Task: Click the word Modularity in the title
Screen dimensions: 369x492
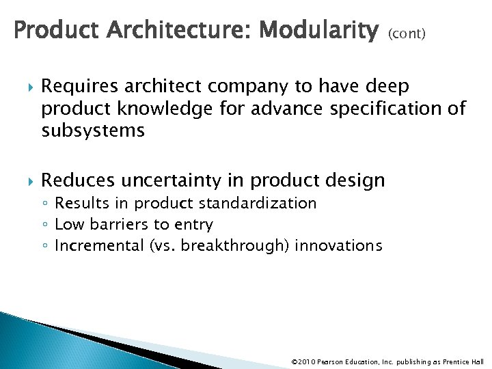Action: point(320,30)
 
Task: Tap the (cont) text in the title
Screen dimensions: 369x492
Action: point(407,33)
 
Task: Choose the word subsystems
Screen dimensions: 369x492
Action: point(93,131)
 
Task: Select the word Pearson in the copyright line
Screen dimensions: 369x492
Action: point(333,361)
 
